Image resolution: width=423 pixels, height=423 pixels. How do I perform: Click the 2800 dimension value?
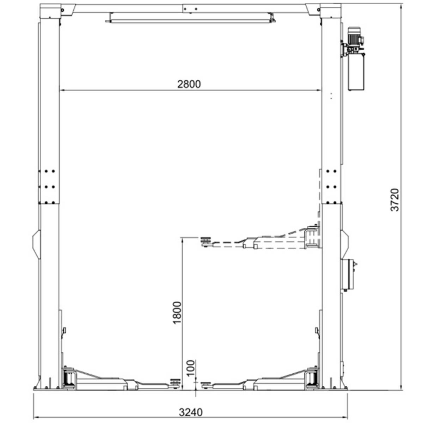click(x=189, y=84)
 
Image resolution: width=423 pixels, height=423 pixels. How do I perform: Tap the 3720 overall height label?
click(x=395, y=200)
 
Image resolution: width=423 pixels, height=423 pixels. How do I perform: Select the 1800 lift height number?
click(x=177, y=313)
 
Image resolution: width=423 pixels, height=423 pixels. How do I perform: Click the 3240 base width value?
click(x=191, y=412)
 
